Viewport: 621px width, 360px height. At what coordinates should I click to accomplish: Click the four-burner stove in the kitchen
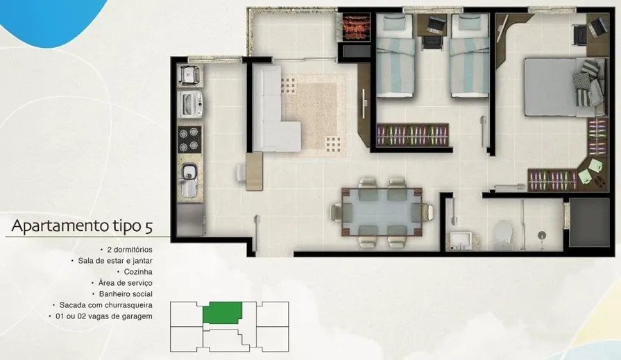(x=189, y=139)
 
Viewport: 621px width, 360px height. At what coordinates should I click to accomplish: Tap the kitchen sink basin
(x=189, y=171)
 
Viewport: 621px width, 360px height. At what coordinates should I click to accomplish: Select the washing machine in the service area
(x=190, y=104)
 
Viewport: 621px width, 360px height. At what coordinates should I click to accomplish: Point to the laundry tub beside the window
(x=189, y=74)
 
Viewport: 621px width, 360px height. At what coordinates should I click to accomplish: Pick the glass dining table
(x=382, y=212)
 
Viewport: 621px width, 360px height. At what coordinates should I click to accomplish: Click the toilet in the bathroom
(x=504, y=235)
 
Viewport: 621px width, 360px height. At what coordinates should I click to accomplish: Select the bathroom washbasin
(x=461, y=241)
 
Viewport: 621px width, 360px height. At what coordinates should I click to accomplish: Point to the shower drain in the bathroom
(x=542, y=235)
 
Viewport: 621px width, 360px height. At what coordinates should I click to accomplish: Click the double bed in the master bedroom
(x=565, y=87)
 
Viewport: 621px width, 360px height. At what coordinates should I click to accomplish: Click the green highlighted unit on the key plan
(x=223, y=313)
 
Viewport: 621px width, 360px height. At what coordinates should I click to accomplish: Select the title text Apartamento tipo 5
(x=82, y=227)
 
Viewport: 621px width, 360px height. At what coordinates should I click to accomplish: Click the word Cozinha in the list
(x=138, y=272)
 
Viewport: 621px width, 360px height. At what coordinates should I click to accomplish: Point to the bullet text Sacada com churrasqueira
(x=105, y=305)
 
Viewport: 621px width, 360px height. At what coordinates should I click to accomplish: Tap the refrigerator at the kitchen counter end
(x=191, y=219)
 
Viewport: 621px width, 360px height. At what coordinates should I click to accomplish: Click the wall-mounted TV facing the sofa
(x=364, y=103)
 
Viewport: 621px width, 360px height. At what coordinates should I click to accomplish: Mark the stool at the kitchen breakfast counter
(x=241, y=173)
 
